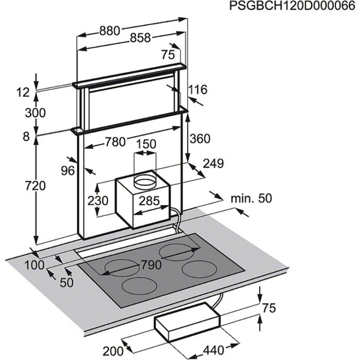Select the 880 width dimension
pos(109,31)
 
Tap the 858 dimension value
pos(140,38)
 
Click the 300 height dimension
pos(35,113)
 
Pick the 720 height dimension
pos(35,186)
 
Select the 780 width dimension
pos(115,142)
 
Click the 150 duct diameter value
pos(146,144)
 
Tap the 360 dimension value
pos(200,139)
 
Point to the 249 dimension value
pos(213,164)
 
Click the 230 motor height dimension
pos(98,201)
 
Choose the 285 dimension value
pos(149,201)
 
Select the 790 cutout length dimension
pos(151,265)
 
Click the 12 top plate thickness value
pos(23,92)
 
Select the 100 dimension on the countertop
pos(34,265)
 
